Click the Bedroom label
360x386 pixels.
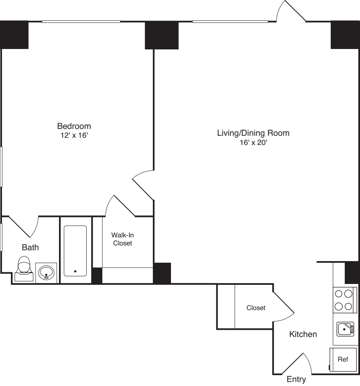[x=74, y=126]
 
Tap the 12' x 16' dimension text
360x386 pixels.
[x=74, y=135]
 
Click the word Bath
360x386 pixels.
[x=30, y=247]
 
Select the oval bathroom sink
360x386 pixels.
[x=46, y=273]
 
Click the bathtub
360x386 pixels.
[x=75, y=251]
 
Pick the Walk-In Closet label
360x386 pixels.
[x=122, y=239]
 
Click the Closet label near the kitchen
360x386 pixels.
[x=256, y=308]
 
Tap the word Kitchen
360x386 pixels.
[x=303, y=334]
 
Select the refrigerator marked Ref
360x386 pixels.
[x=342, y=360]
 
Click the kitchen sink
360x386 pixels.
[x=345, y=329]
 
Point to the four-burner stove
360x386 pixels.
[x=345, y=300]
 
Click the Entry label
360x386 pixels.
[x=296, y=379]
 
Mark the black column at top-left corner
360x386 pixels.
[x=14, y=35]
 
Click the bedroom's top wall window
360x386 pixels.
[x=81, y=21]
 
